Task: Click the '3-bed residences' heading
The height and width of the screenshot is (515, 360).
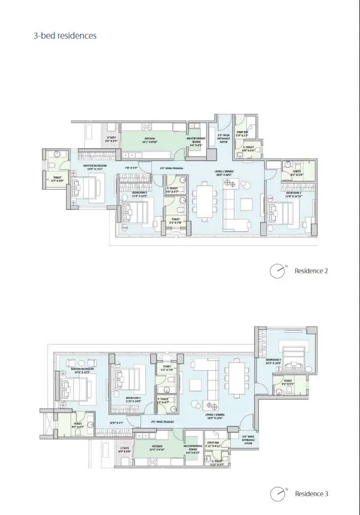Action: pyautogui.click(x=65, y=36)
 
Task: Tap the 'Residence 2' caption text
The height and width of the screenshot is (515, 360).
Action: pyautogui.click(x=311, y=271)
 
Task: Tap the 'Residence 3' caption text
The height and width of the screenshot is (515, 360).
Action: pyautogui.click(x=311, y=493)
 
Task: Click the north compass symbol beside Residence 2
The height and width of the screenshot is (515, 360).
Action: pyautogui.click(x=277, y=271)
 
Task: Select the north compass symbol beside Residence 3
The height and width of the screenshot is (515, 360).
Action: pyautogui.click(x=277, y=494)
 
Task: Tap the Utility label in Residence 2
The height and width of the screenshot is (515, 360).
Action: pyautogui.click(x=111, y=139)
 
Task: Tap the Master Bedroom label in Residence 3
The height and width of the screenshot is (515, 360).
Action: pyautogui.click(x=81, y=371)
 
